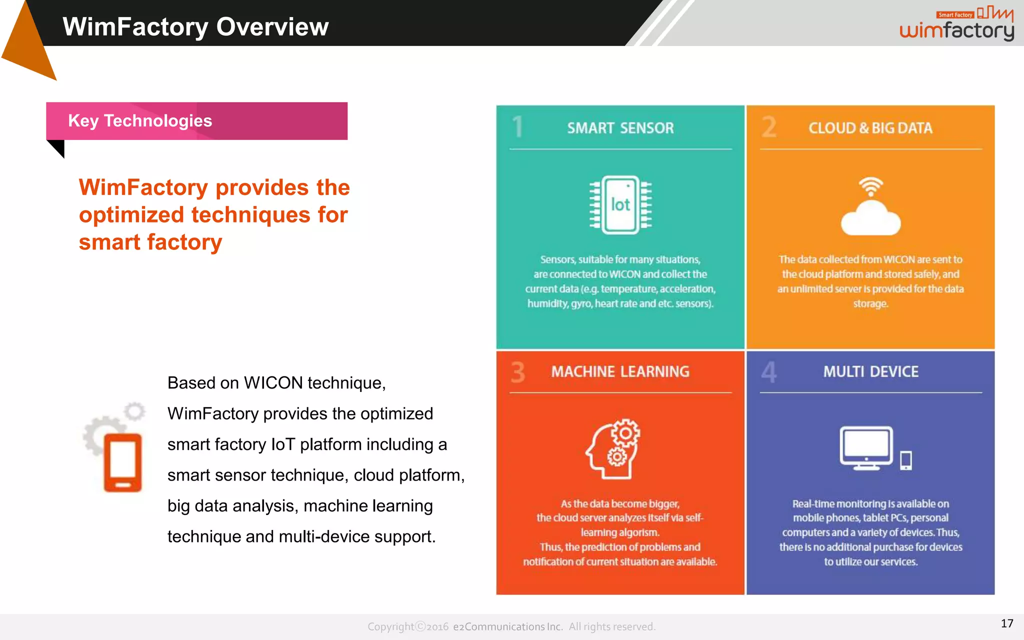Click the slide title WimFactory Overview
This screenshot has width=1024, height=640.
(195, 26)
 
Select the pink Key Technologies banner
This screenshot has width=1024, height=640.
(196, 121)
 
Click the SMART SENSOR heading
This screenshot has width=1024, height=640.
(620, 128)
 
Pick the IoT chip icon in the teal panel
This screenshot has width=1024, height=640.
(620, 205)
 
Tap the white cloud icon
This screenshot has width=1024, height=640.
(870, 219)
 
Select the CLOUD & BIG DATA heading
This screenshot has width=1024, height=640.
(870, 128)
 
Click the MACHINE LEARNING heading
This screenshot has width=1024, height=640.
(620, 371)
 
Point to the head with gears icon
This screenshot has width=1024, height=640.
(613, 448)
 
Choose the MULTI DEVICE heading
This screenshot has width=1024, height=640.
(870, 371)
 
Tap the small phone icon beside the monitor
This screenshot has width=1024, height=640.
(905, 460)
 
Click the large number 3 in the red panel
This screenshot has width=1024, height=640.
(518, 372)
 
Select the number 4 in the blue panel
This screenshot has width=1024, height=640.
(769, 372)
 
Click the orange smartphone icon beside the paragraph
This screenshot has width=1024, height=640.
(122, 462)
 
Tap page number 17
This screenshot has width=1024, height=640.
(1006, 623)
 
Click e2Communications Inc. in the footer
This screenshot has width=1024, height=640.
(507, 626)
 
